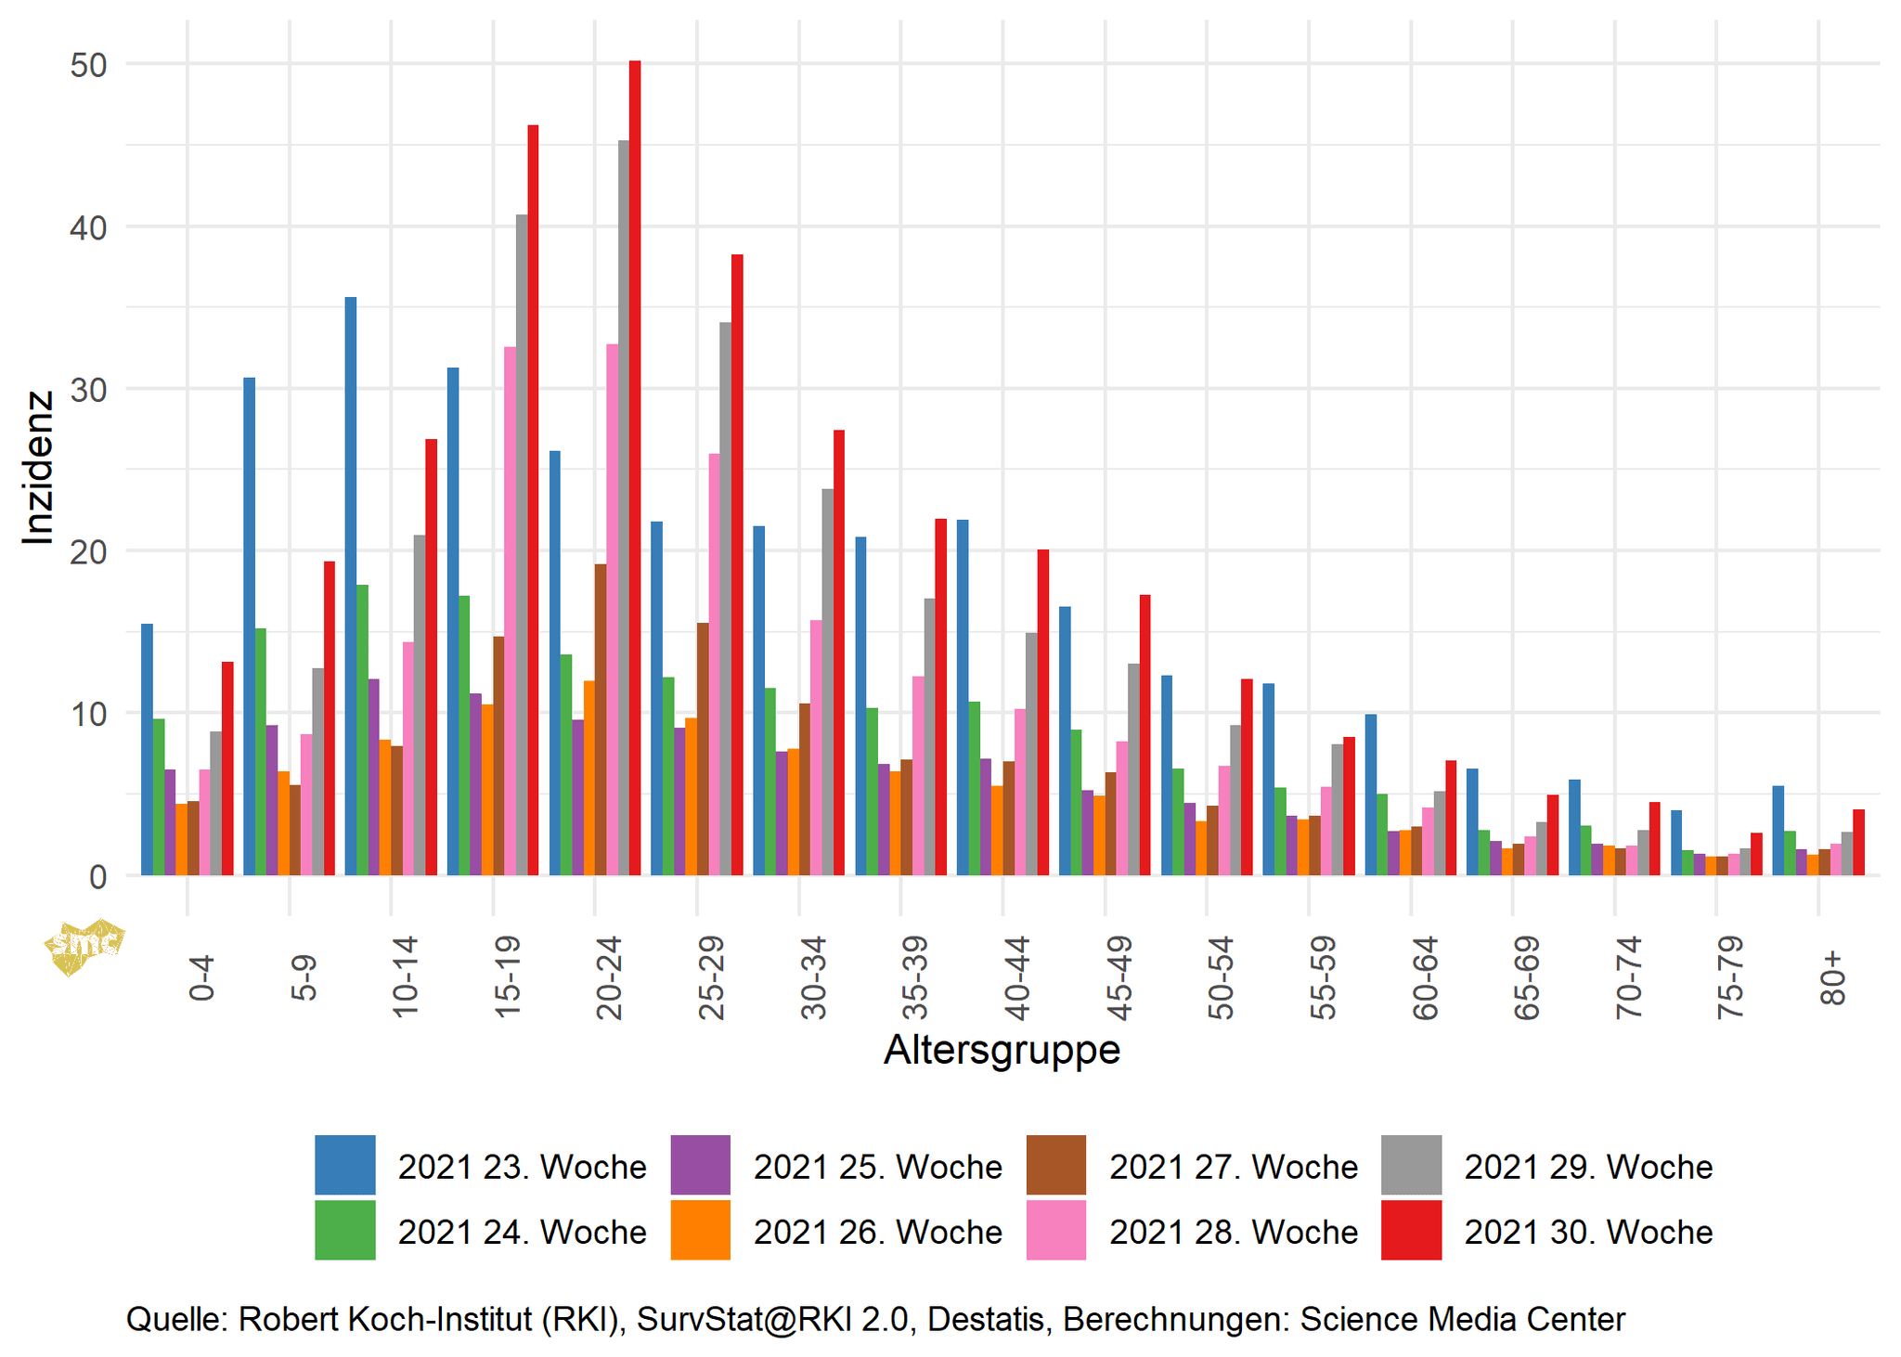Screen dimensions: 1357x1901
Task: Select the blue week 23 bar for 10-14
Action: coord(351,586)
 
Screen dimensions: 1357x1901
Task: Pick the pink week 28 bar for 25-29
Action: coord(714,664)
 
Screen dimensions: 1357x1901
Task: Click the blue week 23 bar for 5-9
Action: coord(249,627)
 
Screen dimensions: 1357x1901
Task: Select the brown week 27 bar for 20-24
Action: coord(601,719)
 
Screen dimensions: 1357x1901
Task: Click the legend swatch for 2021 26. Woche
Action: coord(700,1230)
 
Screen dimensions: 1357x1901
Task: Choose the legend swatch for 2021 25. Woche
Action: coord(700,1165)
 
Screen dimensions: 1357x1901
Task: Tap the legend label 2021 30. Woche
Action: coord(1588,1232)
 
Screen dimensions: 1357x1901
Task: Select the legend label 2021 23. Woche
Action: coord(522,1167)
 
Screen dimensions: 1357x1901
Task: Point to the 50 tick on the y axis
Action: coord(88,65)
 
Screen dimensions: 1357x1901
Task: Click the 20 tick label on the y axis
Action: coord(88,551)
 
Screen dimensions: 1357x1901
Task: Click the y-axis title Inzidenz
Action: coord(39,468)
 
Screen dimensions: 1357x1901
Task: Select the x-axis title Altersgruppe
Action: coord(1002,1050)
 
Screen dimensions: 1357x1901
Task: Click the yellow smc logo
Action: coord(84,946)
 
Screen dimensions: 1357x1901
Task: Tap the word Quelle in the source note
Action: coord(175,1319)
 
